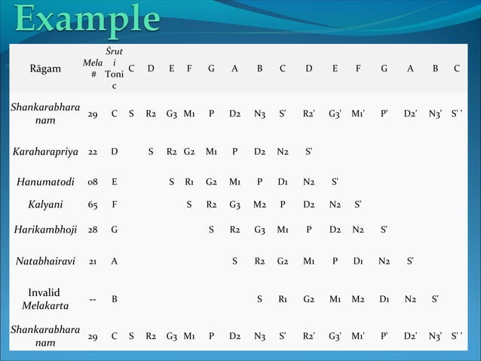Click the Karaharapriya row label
coord(46,150)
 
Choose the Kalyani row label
coord(46,203)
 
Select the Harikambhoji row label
coord(46,229)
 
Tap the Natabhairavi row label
coord(46,261)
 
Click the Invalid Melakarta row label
coord(46,298)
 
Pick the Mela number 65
coord(92,203)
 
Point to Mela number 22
coord(92,150)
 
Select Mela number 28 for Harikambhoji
coord(92,229)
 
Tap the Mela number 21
coord(92,261)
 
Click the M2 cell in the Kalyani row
coord(259,203)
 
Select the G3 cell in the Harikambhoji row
coord(259,229)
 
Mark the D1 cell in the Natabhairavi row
coord(358,261)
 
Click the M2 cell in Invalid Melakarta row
coord(358,298)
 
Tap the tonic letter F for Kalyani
coord(114,203)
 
